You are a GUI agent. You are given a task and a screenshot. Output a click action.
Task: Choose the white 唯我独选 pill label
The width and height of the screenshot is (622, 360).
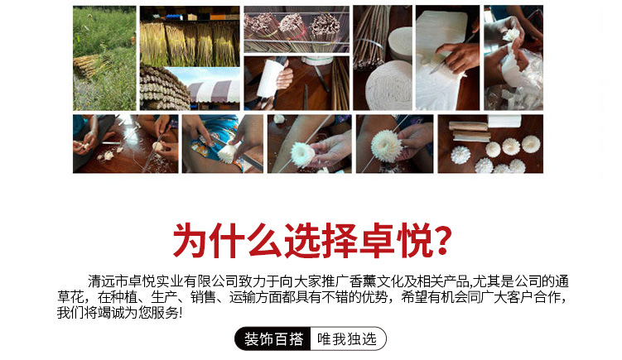(347, 339)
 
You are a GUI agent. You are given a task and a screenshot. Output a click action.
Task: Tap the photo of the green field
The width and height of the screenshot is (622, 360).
(104, 57)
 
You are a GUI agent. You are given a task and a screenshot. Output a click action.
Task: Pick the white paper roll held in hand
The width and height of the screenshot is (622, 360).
(274, 83)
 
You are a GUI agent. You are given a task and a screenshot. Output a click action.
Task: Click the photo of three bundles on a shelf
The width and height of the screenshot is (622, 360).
(295, 30)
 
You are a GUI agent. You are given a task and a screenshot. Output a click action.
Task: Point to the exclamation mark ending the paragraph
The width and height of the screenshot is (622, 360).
(180, 314)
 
